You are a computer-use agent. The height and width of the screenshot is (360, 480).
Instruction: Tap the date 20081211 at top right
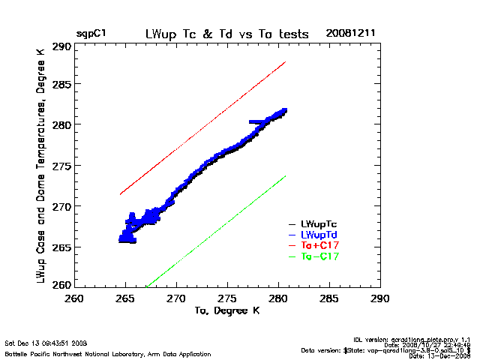tap(349, 34)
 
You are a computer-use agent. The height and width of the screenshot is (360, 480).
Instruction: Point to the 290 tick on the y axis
tap(61, 46)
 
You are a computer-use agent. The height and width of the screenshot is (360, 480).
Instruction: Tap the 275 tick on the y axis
tap(61, 165)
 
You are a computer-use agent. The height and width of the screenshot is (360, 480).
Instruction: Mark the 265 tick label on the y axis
tap(61, 247)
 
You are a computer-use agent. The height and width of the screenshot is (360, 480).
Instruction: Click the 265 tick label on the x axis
tap(125, 298)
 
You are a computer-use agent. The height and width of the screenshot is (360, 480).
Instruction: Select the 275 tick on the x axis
tap(227, 298)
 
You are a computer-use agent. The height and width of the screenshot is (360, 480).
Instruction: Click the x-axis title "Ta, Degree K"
tap(226, 310)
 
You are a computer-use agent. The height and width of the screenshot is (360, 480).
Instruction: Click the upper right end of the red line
tap(286, 62)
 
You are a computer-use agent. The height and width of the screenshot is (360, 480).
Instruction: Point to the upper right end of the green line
tap(286, 176)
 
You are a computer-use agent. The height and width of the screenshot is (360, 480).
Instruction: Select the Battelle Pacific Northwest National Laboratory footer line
tap(109, 353)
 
